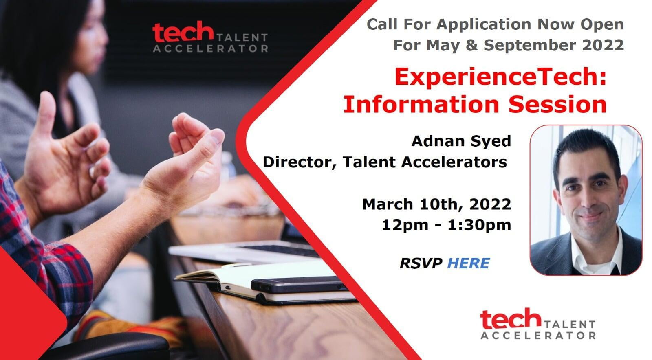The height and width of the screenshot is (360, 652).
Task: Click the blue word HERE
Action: point(468,263)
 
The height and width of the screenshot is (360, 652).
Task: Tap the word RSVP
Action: point(421,263)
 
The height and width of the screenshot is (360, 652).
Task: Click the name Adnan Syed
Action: point(461,142)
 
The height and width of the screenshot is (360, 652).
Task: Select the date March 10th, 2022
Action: point(436,204)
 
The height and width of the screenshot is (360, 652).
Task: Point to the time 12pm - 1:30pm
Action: point(446,225)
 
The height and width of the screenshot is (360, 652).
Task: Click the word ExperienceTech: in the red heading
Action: point(500,77)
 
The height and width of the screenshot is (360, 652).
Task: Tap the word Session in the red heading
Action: point(557,104)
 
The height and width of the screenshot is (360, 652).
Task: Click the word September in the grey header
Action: point(530,45)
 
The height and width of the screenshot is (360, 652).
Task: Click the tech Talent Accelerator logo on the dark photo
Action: point(210,37)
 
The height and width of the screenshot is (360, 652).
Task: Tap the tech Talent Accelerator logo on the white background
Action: point(538,324)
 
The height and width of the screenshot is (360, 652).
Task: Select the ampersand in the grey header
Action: point(471,45)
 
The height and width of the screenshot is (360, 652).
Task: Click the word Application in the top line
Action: point(484,25)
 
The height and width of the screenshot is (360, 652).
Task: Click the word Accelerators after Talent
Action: point(454,162)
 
